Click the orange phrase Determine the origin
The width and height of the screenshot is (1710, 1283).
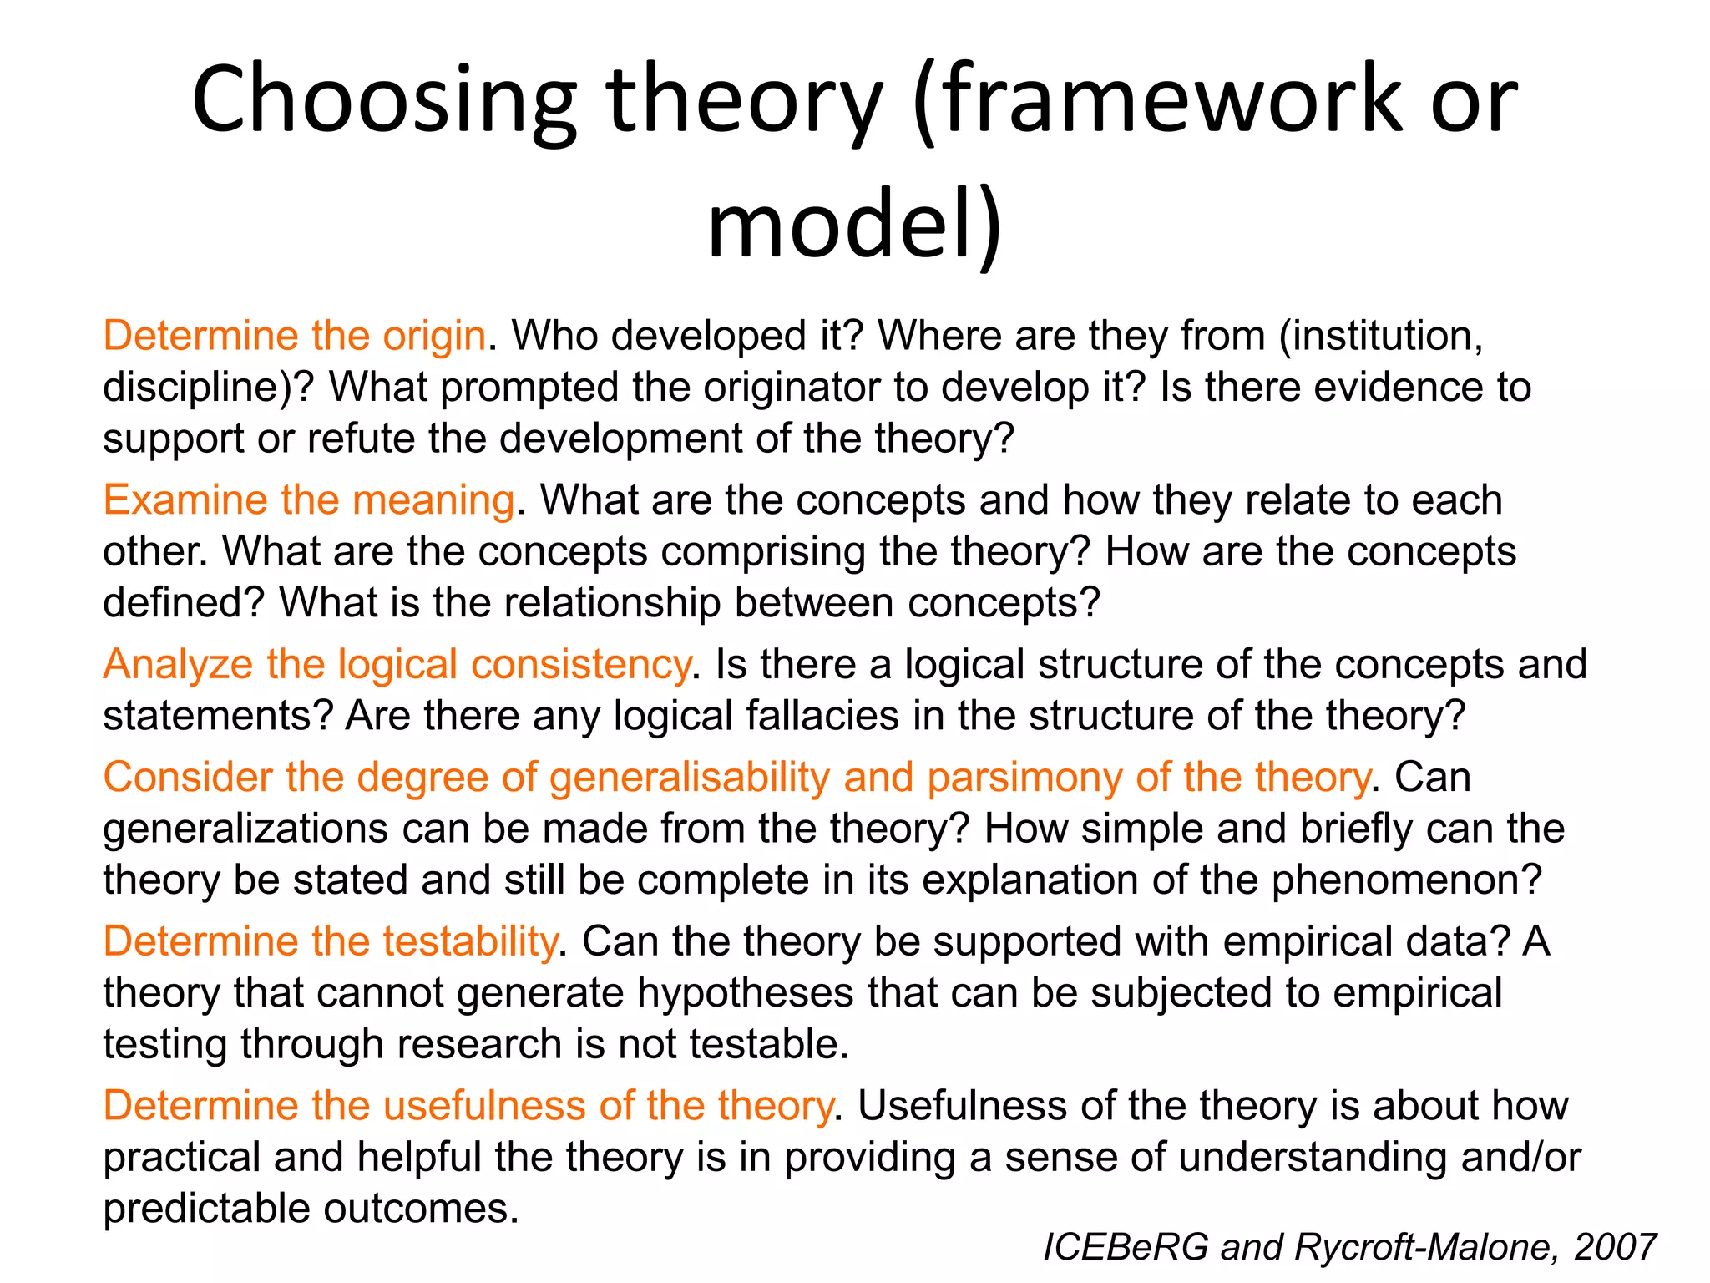coord(294,336)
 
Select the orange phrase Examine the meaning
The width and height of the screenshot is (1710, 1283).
coord(309,500)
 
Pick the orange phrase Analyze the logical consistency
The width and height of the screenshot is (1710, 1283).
coord(397,665)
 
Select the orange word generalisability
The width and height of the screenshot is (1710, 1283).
coord(689,778)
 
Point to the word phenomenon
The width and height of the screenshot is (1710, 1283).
coord(1406,880)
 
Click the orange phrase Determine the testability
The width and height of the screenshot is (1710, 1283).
coord(330,941)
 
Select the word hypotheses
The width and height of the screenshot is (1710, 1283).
coord(746,993)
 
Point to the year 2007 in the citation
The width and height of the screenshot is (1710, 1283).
coord(1615,1247)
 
